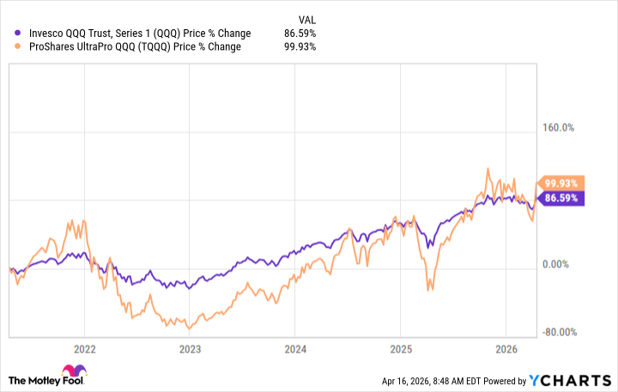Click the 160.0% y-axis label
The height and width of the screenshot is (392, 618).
(x=557, y=128)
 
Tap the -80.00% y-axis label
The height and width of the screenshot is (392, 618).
(x=557, y=333)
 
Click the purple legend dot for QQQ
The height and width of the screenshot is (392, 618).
(x=19, y=34)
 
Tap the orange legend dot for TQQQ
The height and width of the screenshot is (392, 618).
(x=19, y=46)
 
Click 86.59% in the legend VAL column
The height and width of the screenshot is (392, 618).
(x=300, y=34)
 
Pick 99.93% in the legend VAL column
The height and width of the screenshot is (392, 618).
(x=300, y=46)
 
